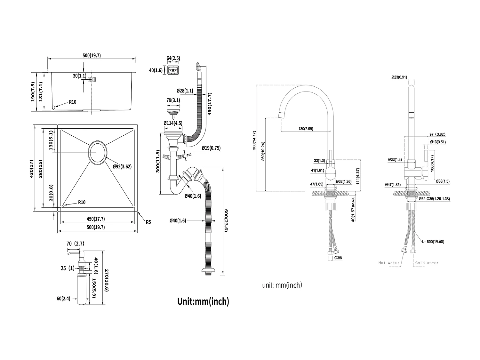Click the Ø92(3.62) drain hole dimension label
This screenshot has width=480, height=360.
point(122,166)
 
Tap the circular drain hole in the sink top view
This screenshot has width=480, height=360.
point(97,153)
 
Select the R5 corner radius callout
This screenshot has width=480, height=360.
point(148,222)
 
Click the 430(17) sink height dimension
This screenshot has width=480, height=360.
point(32,168)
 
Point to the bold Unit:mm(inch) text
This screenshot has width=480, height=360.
point(203,301)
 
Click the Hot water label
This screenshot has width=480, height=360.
point(389,263)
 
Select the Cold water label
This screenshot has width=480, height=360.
point(427,263)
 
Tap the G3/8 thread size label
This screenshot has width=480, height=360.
point(338,257)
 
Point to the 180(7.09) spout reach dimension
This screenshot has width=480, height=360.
point(306,129)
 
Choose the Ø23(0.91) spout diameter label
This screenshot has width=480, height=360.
point(399,77)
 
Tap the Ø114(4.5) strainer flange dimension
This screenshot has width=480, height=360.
point(173,123)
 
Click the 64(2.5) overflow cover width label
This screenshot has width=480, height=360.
point(173,58)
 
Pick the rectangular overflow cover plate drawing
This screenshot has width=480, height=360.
point(173,70)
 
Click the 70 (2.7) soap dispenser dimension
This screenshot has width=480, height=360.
point(75,244)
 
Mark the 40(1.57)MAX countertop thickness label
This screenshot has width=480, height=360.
point(353,209)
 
